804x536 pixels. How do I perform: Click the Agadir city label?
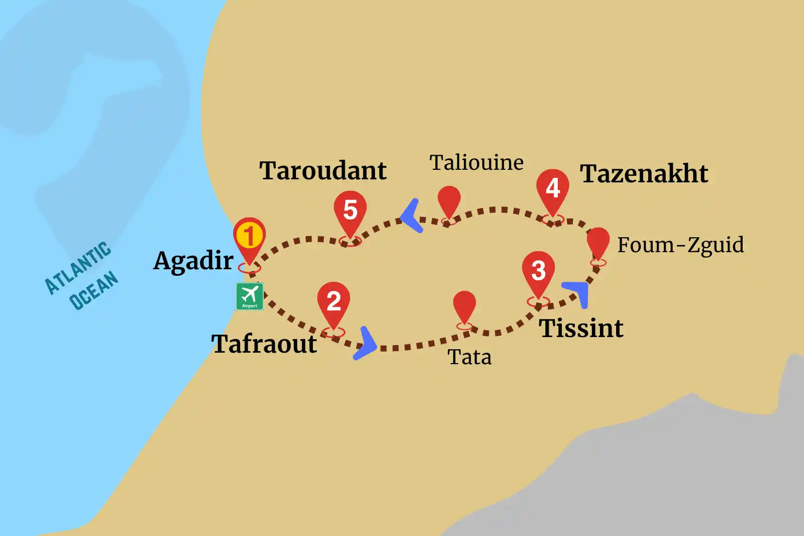pyautogui.click(x=193, y=261)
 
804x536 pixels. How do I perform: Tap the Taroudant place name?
pyautogui.click(x=323, y=171)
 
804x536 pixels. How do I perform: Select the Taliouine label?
pyautogui.click(x=476, y=163)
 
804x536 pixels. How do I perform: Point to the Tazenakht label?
pyautogui.click(x=644, y=174)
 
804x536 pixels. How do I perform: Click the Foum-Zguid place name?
pyautogui.click(x=680, y=245)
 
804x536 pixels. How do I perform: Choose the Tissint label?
pyautogui.click(x=581, y=329)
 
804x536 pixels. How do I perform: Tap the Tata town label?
pyautogui.click(x=469, y=357)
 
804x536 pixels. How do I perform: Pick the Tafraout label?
pyautogui.click(x=264, y=344)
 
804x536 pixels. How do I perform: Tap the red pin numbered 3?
pyautogui.click(x=538, y=271)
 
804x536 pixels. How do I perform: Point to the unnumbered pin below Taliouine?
pyautogui.click(x=449, y=201)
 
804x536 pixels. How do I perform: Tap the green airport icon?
pyautogui.click(x=250, y=296)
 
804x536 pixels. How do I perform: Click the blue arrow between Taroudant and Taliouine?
pyautogui.click(x=412, y=216)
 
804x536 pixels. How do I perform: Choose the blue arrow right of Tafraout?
pyautogui.click(x=366, y=344)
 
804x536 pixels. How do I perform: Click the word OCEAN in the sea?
pyautogui.click(x=93, y=290)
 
